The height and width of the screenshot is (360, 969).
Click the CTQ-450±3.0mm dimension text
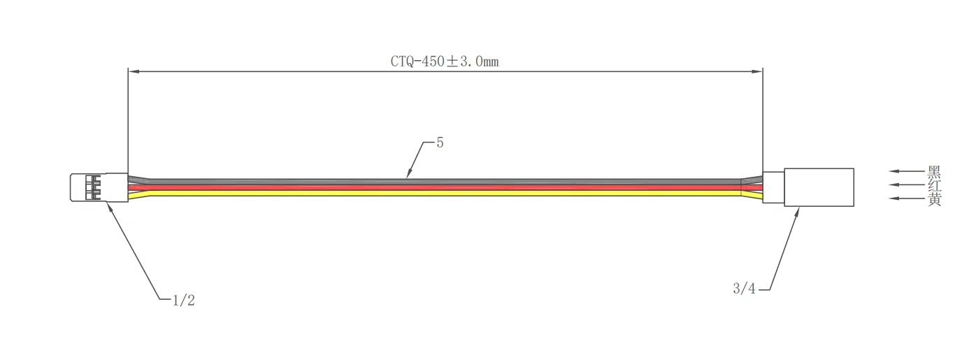coord(445,61)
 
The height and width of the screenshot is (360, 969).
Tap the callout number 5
coord(440,143)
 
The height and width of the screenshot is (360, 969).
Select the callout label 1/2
coord(183,300)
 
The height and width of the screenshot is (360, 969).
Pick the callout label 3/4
coord(744,289)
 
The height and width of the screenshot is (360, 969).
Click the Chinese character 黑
coord(934,171)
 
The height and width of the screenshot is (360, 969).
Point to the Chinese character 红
coord(934,185)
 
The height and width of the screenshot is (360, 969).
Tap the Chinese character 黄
coord(934,199)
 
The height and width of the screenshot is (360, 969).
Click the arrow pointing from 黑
coord(906,171)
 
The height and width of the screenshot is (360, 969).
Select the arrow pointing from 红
coord(906,185)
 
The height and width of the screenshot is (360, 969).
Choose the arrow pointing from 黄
coord(906,199)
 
